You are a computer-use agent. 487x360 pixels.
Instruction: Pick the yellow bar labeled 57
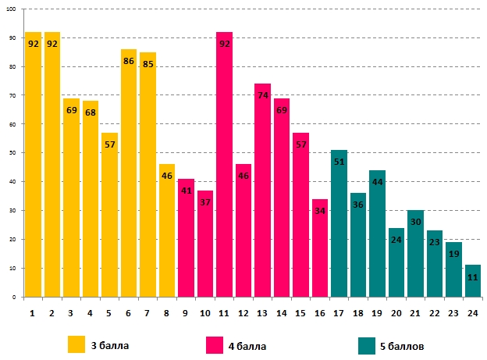click(109, 219)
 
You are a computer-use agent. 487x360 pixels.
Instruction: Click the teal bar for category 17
click(339, 226)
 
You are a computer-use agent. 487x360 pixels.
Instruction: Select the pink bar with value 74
click(262, 195)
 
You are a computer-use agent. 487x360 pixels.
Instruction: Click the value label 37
click(204, 203)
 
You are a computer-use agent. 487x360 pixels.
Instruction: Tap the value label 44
click(377, 183)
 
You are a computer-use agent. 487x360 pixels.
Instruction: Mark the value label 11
click(472, 277)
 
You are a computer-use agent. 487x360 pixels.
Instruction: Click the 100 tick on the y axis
click(13, 9)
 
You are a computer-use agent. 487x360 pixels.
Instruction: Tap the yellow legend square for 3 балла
click(76, 344)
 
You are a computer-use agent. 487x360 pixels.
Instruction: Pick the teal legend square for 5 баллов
click(368, 344)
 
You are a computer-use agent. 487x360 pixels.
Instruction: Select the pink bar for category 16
click(319, 250)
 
